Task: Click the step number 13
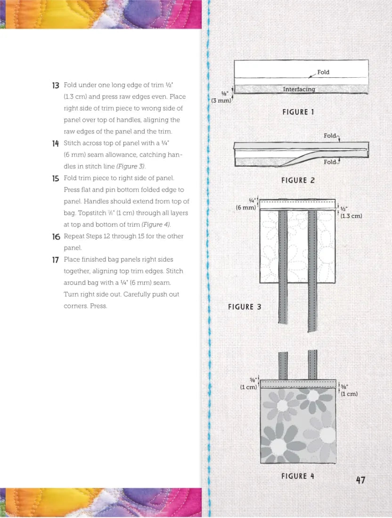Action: (x=56, y=85)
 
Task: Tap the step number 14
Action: (x=56, y=143)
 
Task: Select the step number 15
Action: (x=56, y=178)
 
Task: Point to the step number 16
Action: (x=56, y=236)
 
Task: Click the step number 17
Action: (x=56, y=259)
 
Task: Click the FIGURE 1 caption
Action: (x=298, y=112)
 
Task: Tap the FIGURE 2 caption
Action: (x=298, y=180)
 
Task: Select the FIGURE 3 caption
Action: (x=245, y=307)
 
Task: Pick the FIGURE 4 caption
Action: (x=298, y=476)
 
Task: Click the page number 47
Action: (x=360, y=480)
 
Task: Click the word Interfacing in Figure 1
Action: (x=299, y=89)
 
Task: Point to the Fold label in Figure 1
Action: (x=323, y=72)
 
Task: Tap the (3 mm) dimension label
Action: (x=220, y=101)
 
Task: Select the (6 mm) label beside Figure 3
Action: (x=246, y=207)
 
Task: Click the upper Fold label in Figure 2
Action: (x=330, y=136)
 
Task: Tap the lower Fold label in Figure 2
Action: (x=330, y=162)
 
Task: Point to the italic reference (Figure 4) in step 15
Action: (x=158, y=225)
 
